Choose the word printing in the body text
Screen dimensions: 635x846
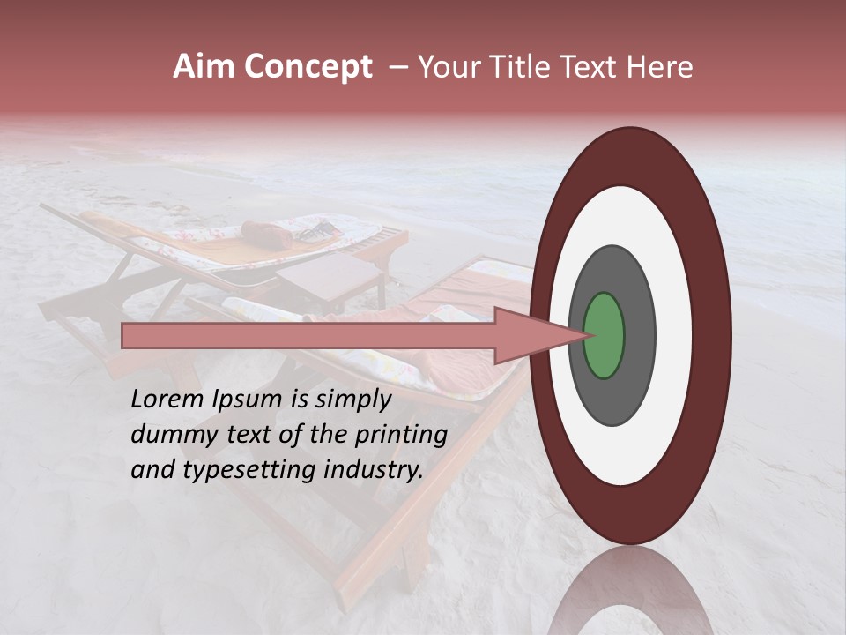pyautogui.click(x=401, y=435)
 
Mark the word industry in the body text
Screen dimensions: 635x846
pyautogui.click(x=369, y=470)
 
